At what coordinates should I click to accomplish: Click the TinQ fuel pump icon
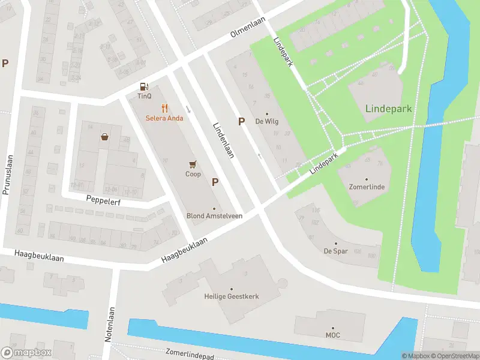144,86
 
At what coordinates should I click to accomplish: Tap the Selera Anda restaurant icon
164,109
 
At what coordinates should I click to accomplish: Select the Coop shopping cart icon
193,163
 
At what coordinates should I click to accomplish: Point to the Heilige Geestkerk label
231,296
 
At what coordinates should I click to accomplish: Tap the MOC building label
332,335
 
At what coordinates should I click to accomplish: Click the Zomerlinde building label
367,187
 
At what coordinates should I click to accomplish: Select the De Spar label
336,251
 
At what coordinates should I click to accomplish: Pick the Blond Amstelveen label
214,216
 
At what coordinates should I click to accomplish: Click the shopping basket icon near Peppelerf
105,137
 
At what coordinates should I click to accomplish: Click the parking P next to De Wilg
241,121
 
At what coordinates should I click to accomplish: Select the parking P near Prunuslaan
5,63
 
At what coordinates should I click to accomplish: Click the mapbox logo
26,353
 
